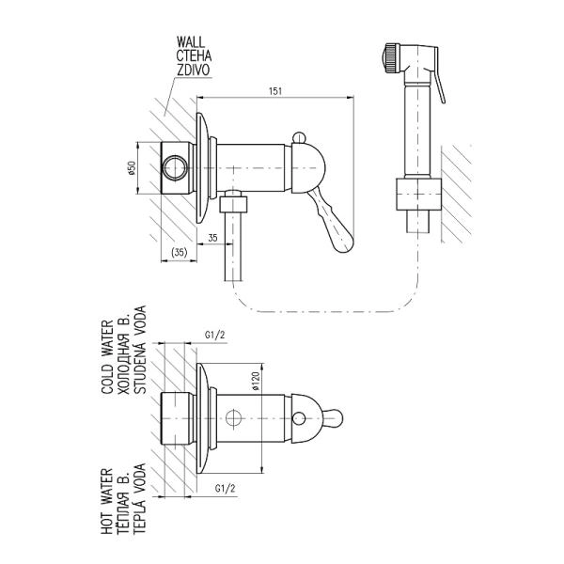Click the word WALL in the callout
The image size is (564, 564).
[190, 42]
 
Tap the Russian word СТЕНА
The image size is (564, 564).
[194, 55]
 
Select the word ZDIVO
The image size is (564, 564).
[193, 70]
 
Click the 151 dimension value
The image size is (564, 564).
[275, 91]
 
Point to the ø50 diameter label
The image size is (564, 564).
[132, 168]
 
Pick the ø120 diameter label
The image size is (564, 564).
[256, 382]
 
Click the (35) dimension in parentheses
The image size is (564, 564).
[180, 253]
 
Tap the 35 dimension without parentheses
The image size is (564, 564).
[212, 238]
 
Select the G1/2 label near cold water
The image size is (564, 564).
[214, 335]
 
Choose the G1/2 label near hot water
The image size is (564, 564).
[225, 489]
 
